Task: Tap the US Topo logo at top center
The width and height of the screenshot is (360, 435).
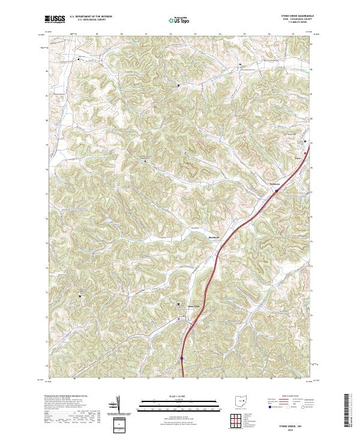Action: (180, 20)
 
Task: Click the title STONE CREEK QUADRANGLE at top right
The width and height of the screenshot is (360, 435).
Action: (293, 16)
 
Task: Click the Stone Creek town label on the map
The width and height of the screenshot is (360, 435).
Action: (193, 305)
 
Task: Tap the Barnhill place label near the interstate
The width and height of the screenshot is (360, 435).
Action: (275, 184)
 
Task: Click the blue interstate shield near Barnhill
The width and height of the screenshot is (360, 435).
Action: (277, 191)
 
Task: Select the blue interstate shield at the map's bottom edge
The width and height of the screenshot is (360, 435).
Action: (181, 358)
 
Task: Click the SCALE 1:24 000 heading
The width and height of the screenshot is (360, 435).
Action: (179, 395)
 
